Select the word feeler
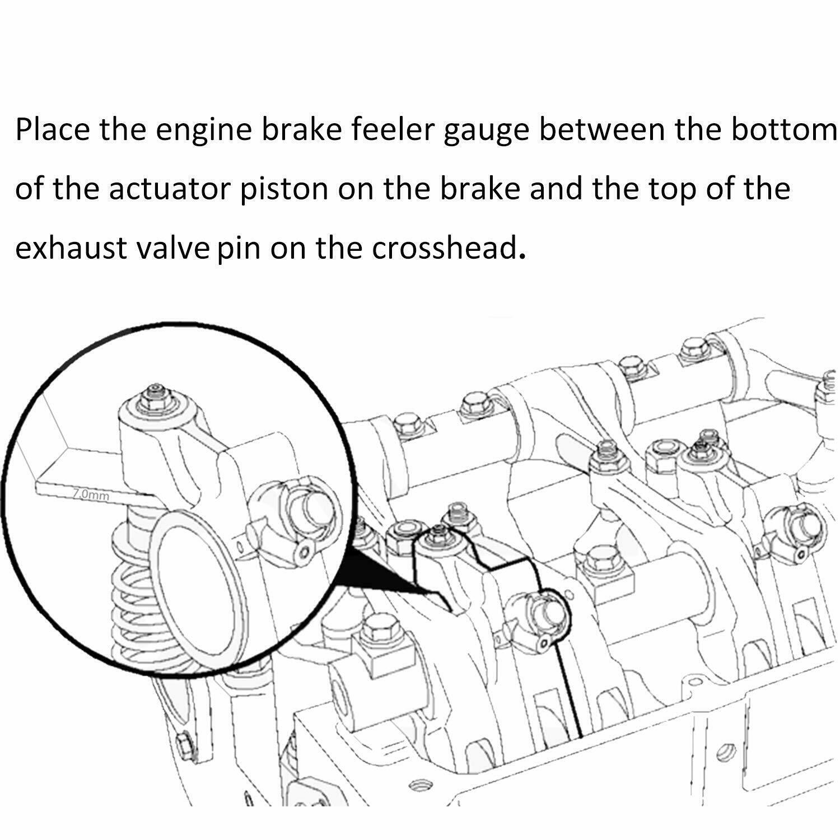pyautogui.click(x=392, y=130)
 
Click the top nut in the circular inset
pyautogui.click(x=155, y=396)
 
